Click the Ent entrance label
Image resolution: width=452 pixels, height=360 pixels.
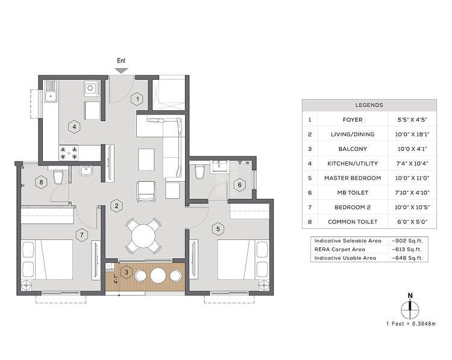121,60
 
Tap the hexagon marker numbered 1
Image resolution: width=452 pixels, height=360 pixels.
137,99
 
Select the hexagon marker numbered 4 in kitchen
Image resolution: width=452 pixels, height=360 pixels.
74,126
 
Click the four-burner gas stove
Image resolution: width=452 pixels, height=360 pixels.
69,153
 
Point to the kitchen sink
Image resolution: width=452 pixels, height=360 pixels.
51,92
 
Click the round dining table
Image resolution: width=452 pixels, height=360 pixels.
143,236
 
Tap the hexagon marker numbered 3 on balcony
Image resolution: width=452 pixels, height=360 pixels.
127,272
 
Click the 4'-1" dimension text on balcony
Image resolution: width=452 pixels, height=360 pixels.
116,279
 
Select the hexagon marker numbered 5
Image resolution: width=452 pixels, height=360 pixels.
218,229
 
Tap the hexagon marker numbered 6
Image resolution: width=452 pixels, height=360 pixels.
239,185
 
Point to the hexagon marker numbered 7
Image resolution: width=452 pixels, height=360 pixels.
82,235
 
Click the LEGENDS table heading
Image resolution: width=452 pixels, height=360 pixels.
369,105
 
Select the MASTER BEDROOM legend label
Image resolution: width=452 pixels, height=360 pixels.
353,178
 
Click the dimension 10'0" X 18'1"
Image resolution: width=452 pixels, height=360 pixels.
412,134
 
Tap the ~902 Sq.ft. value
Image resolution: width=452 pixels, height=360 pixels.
407,241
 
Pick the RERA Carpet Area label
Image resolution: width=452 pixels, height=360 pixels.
339,249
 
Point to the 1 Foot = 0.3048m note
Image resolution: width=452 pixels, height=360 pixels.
411,324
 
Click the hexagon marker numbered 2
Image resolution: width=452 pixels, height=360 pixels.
116,206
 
